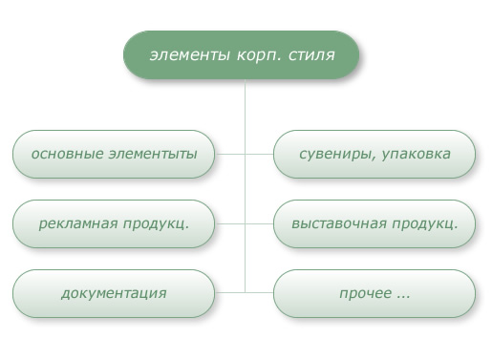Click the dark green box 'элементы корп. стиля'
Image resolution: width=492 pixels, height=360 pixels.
tap(241, 54)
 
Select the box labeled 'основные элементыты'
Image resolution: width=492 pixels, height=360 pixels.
tap(114, 154)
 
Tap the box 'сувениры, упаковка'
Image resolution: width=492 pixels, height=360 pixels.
tap(374, 154)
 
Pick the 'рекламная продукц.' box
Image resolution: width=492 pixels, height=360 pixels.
tap(114, 223)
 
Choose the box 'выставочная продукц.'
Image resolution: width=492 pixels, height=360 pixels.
tap(374, 223)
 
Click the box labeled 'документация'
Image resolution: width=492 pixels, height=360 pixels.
tap(114, 293)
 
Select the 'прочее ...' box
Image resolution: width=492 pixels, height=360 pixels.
tap(374, 293)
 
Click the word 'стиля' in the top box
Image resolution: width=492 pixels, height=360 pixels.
tap(312, 54)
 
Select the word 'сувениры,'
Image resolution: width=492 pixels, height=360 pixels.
tap(333, 154)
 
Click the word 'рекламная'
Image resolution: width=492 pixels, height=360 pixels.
tap(79, 223)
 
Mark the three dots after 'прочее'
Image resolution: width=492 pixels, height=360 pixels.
tap(402, 293)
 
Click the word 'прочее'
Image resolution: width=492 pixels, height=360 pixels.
tap(364, 293)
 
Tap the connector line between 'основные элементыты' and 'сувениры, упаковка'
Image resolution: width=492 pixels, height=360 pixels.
tap(245, 154)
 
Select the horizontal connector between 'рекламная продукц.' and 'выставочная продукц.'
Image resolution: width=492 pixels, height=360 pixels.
tap(245, 223)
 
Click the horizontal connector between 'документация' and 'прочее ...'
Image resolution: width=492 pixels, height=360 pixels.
tap(245, 292)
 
